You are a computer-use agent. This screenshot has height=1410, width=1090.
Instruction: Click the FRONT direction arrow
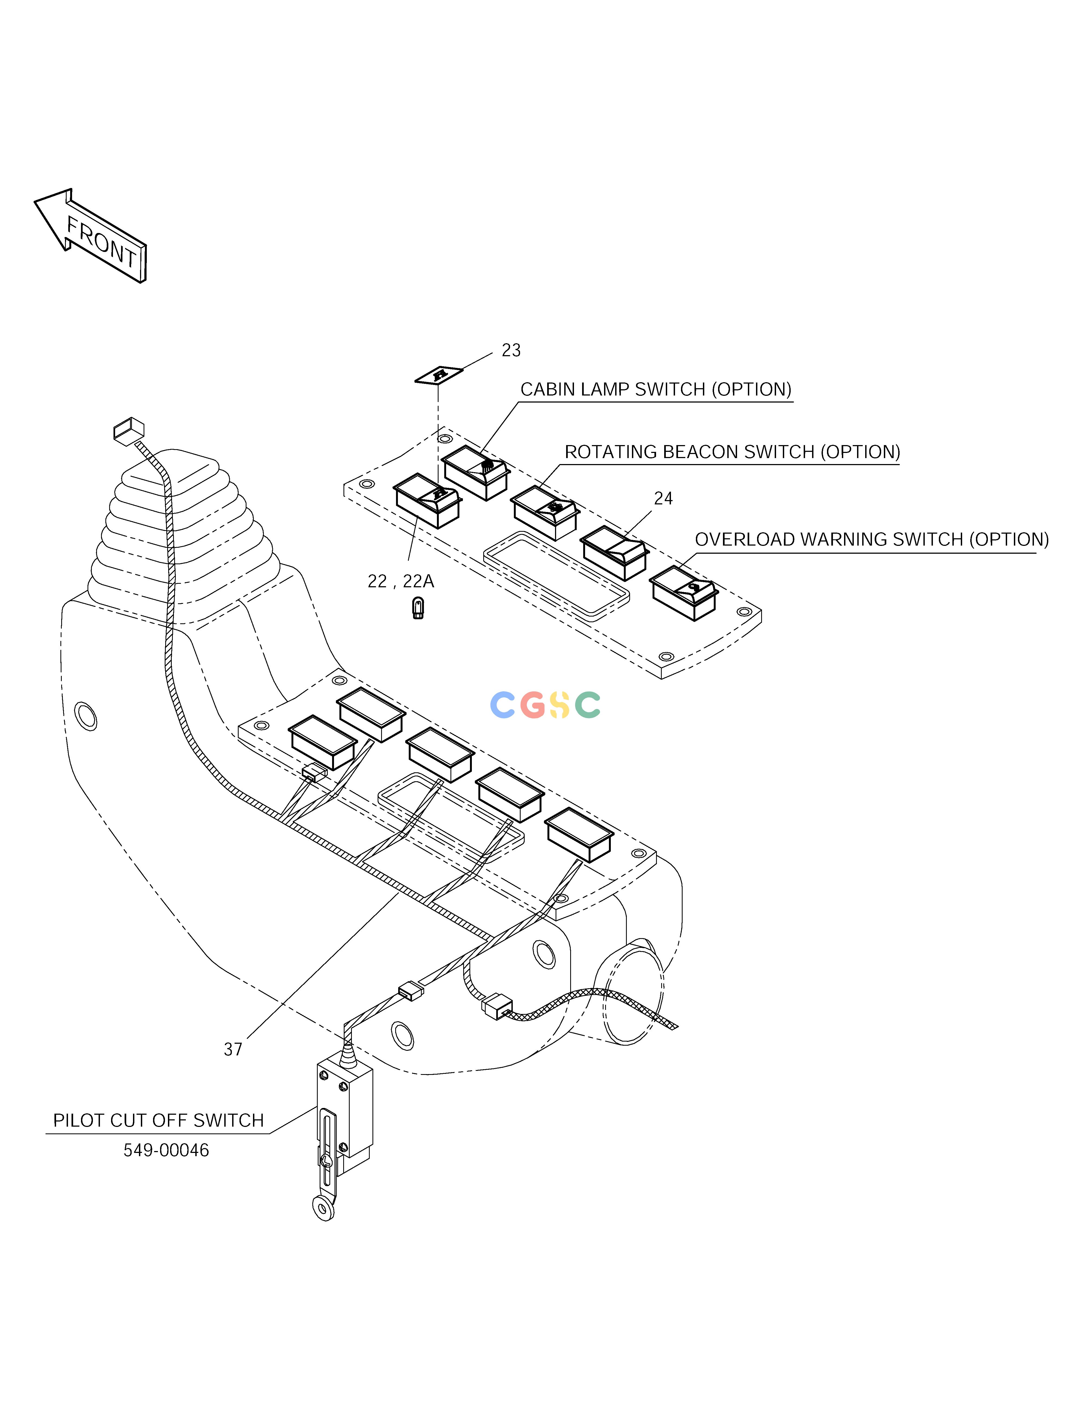pos(90,235)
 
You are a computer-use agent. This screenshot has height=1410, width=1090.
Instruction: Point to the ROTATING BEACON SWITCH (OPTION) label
pos(732,452)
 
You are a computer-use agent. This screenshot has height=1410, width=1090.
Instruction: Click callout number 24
pos(663,498)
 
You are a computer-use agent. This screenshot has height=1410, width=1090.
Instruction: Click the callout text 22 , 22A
pos(400,582)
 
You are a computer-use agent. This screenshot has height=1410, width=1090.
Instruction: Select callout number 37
pos(233,1050)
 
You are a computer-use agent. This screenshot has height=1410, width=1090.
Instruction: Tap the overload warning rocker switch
pos(684,593)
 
